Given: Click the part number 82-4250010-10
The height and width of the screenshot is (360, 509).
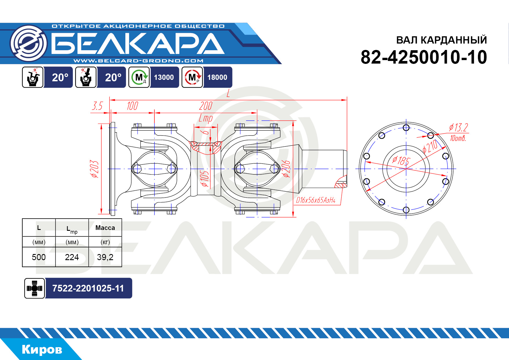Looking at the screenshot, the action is [424, 57].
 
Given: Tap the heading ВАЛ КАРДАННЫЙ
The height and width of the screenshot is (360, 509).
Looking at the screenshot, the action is [441, 40].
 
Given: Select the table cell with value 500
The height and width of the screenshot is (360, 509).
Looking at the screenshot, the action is [39, 257].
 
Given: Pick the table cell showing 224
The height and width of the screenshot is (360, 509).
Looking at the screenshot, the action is [72, 257].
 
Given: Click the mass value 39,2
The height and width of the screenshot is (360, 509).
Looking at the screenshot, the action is [105, 257].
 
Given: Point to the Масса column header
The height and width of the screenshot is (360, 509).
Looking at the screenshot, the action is [105, 228].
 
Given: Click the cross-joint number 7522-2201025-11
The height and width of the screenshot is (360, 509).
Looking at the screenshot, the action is [88, 288].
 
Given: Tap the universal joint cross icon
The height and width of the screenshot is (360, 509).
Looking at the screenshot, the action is [35, 288].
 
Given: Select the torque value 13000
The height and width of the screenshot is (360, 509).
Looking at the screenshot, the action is [164, 78].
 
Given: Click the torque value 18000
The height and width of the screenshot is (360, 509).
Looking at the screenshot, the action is [217, 78].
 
